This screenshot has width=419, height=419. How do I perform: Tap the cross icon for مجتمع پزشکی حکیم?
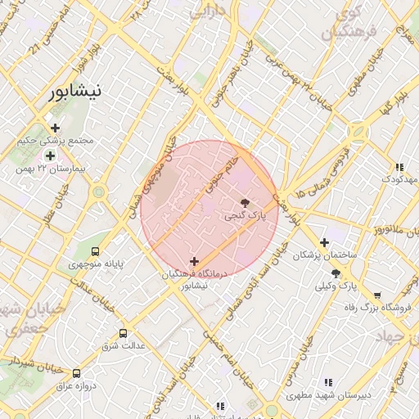click(x=55, y=128)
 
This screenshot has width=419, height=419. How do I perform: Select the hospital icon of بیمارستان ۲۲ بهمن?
click(x=51, y=155)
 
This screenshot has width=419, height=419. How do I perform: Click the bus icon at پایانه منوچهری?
click(x=97, y=252)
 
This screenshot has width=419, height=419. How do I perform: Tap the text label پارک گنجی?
click(x=245, y=215)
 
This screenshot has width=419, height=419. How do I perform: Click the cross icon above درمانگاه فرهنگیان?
click(x=193, y=261)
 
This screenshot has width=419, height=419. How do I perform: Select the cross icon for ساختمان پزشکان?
click(x=325, y=242)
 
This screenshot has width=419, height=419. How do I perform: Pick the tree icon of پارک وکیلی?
click(x=336, y=273)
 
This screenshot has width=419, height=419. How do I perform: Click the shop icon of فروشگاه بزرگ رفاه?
click(x=377, y=295)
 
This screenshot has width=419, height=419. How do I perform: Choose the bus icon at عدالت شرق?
click(x=124, y=333)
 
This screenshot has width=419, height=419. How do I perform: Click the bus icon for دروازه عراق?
click(x=77, y=372)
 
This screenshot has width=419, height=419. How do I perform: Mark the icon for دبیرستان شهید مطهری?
click(x=328, y=382)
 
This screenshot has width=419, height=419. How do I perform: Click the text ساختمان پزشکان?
click(x=327, y=256)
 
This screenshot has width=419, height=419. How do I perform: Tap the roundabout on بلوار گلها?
click(x=357, y=131)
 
